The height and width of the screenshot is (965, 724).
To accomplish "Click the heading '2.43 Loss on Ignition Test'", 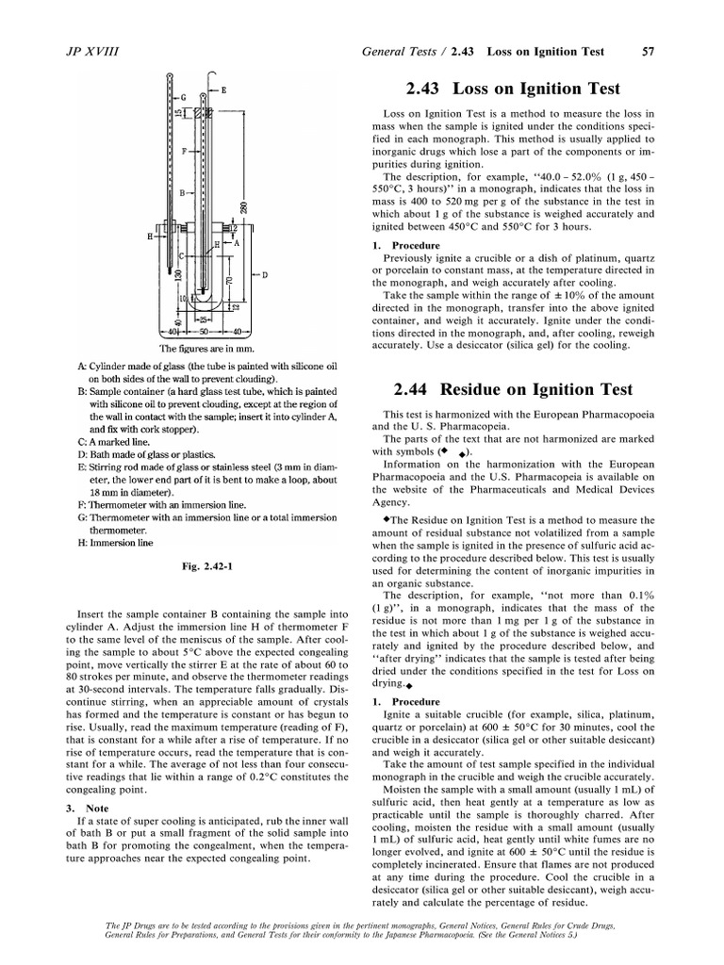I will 513,90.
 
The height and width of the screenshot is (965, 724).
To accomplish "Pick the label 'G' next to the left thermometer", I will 183,97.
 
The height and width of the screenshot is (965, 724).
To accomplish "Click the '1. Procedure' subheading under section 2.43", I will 407,246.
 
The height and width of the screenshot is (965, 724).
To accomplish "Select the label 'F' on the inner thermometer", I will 186,150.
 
